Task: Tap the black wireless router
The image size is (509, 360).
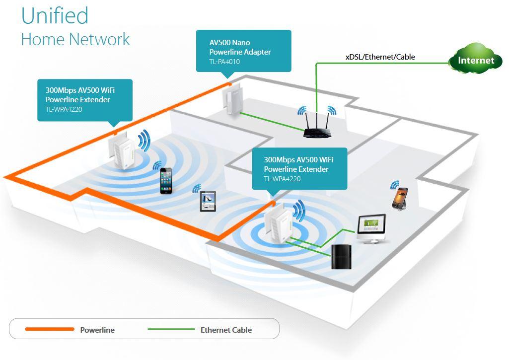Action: point(317,132)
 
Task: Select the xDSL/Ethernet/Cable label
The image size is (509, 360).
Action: point(380,57)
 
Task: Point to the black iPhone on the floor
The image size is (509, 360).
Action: point(166,180)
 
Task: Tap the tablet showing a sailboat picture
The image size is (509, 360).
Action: point(208,202)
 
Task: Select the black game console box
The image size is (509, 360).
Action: point(341,256)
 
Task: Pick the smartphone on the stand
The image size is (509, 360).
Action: point(400,198)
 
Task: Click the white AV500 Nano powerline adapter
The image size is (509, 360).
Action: point(231,99)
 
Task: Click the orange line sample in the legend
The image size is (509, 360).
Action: point(49,329)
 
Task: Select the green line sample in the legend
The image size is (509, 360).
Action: point(171,329)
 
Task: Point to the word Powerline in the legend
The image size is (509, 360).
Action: point(97,330)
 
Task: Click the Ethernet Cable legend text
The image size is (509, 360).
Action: point(226,330)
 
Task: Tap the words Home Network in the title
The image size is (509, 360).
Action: point(75,39)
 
